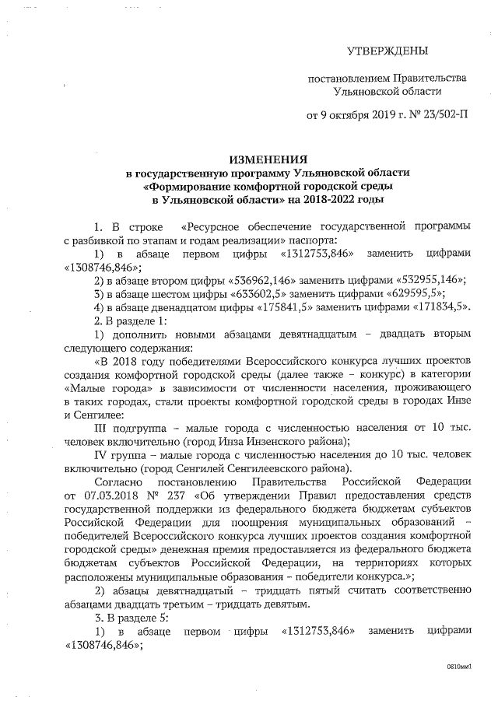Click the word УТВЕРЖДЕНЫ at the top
[387, 51]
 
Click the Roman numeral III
[103, 427]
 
